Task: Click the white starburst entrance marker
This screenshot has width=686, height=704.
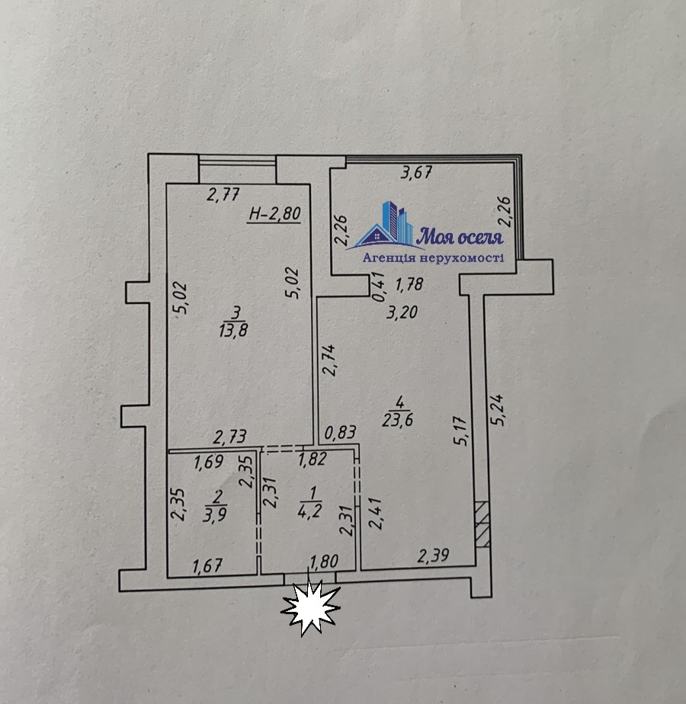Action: pos(310,607)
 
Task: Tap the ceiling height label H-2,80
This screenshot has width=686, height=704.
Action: pos(275,213)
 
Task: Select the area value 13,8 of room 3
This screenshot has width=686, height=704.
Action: pos(233,331)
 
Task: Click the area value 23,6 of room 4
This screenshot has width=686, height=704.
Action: pos(398,421)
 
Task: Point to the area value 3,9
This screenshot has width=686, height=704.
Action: pos(214,514)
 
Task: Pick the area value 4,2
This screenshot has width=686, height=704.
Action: pos(309,511)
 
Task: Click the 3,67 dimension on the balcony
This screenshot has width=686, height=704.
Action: pos(416,172)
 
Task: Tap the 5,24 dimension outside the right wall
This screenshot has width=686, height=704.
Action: pos(498,409)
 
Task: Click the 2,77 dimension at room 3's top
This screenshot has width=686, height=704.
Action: pos(223,194)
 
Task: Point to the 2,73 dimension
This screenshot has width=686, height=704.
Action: pos(229,437)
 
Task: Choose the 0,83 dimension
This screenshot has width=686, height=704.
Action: pos(341,432)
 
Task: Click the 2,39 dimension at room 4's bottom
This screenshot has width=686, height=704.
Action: pos(433,556)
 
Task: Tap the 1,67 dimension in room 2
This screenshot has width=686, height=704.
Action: pos(207,565)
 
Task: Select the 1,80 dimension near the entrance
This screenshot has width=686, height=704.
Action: pos(324,562)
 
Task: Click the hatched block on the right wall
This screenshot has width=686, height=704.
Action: pos(482,524)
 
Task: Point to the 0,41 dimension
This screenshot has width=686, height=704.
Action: pos(380,287)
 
